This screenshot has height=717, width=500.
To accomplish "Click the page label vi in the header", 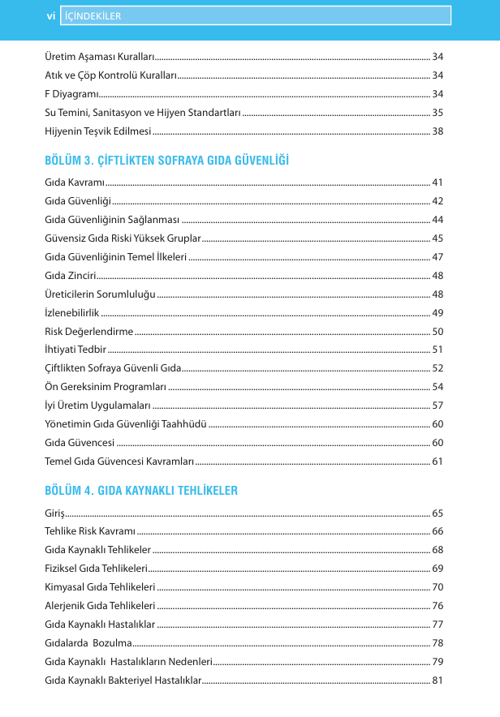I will pos(50,15).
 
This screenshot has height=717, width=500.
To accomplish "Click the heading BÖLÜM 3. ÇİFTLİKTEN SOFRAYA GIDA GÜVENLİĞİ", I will pos(166,160).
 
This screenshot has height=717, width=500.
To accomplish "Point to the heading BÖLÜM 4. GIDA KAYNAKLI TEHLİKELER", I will pos(141,491).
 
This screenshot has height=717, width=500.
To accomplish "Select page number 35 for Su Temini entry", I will pos(437,113).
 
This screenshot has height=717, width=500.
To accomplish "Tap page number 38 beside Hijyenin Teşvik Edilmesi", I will pos(437,131).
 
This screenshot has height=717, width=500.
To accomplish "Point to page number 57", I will pos(437,405).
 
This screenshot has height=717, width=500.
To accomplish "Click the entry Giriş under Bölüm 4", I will pos(55,513).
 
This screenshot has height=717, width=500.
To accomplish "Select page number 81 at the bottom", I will pos(437,679).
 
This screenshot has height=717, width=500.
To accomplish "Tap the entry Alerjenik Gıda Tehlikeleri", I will pos(100,605).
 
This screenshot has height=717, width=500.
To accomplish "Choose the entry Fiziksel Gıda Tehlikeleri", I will pos(96,569).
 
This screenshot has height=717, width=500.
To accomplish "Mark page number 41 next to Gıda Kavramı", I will pos(437,182).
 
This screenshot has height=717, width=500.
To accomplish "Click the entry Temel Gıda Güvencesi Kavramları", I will pos(119,461).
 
